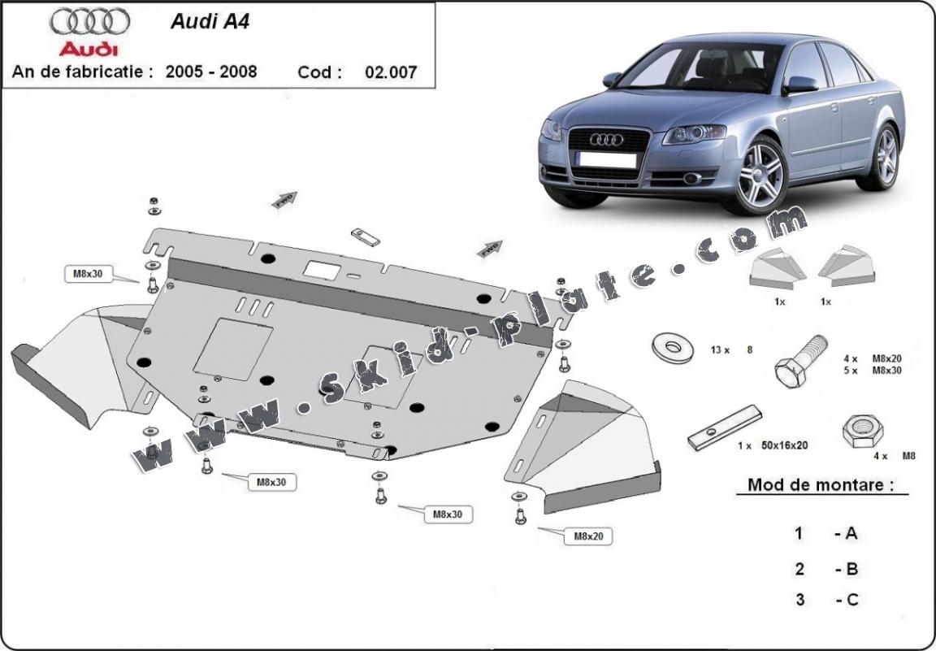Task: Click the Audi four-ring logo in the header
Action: click(89, 22)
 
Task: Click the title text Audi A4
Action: click(210, 22)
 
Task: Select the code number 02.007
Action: click(391, 72)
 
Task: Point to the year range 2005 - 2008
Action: click(211, 72)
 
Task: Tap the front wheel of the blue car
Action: click(760, 174)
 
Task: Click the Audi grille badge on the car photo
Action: click(606, 140)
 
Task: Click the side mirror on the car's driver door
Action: click(800, 84)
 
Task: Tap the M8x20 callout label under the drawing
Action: click(592, 536)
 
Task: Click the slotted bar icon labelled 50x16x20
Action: click(724, 427)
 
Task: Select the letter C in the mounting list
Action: click(851, 600)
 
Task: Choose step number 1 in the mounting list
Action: click(799, 533)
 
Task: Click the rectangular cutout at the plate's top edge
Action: click(321, 269)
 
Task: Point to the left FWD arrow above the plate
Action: click(285, 200)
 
